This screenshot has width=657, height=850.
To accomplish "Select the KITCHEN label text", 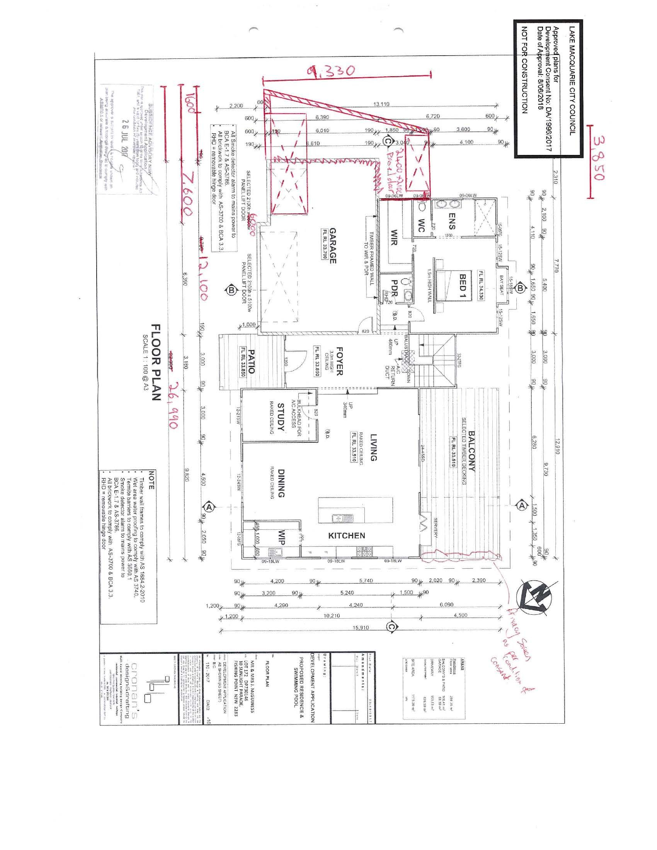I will click(346, 535).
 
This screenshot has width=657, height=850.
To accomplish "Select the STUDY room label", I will click(281, 418).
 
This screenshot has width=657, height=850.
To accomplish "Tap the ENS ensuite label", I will click(452, 221).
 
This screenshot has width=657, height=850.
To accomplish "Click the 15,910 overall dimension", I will click(361, 628).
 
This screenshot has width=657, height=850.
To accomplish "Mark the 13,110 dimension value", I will click(382, 104).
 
